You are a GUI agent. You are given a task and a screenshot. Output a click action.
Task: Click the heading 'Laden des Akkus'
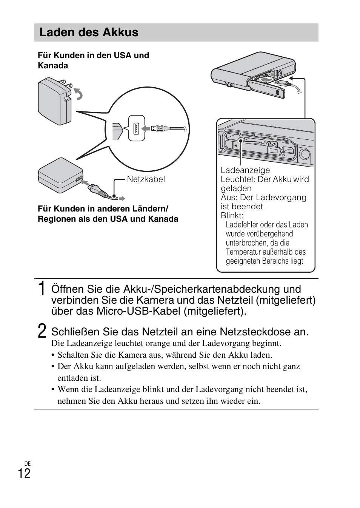point(89,32)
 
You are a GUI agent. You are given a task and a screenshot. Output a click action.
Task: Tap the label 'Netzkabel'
point(146,179)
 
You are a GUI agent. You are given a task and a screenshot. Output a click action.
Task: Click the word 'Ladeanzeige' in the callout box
point(245,170)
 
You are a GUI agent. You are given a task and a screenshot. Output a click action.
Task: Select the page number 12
point(24,473)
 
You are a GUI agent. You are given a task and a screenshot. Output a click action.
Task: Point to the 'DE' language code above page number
point(27,463)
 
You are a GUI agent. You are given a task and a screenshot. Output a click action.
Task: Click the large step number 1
point(43,289)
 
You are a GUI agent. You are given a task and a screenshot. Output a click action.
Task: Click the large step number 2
point(42,331)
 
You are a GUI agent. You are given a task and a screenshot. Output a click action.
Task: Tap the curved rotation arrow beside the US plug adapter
point(79,94)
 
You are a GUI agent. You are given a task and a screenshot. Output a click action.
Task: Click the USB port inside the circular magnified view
point(136,128)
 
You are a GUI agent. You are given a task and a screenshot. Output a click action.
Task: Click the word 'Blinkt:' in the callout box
point(232,216)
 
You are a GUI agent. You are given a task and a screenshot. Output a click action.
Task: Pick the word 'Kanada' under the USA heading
point(53,66)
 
